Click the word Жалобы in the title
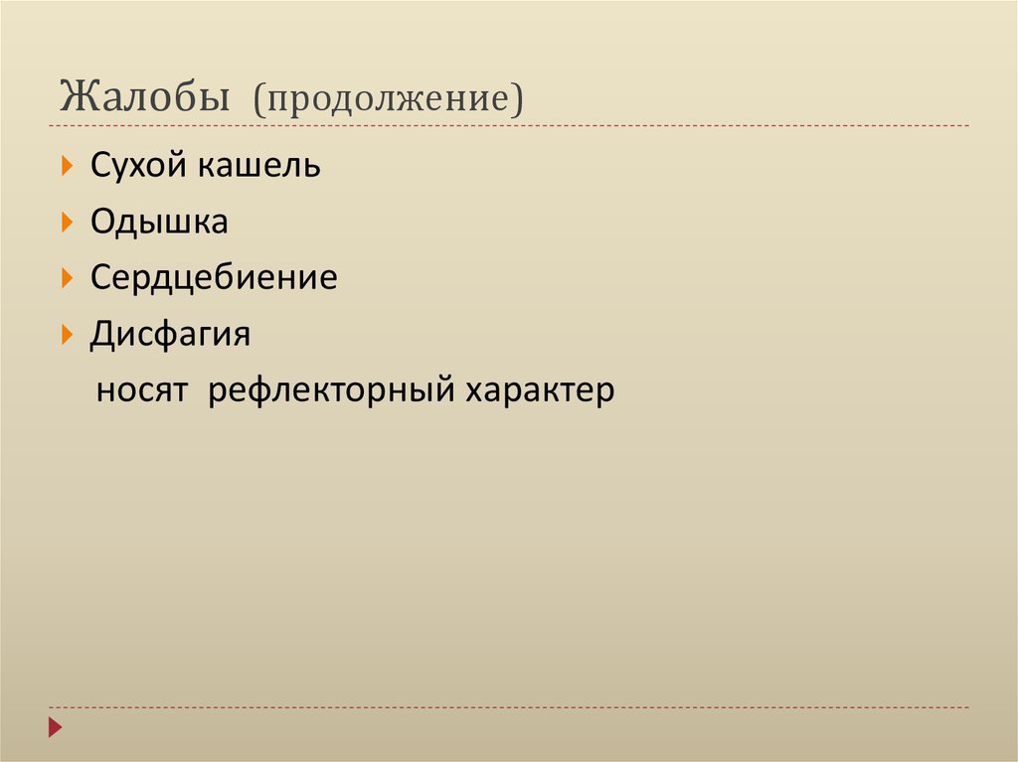(x=145, y=98)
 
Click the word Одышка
(x=159, y=222)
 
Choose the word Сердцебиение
(x=214, y=278)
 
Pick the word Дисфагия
(x=170, y=335)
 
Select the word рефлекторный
(x=328, y=390)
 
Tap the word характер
(x=537, y=390)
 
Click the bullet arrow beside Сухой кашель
(x=67, y=166)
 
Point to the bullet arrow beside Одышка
(x=67, y=222)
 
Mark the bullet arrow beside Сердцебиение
(x=67, y=278)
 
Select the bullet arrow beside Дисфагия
(x=67, y=335)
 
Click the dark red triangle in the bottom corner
(x=56, y=726)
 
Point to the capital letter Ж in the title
(x=81, y=98)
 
